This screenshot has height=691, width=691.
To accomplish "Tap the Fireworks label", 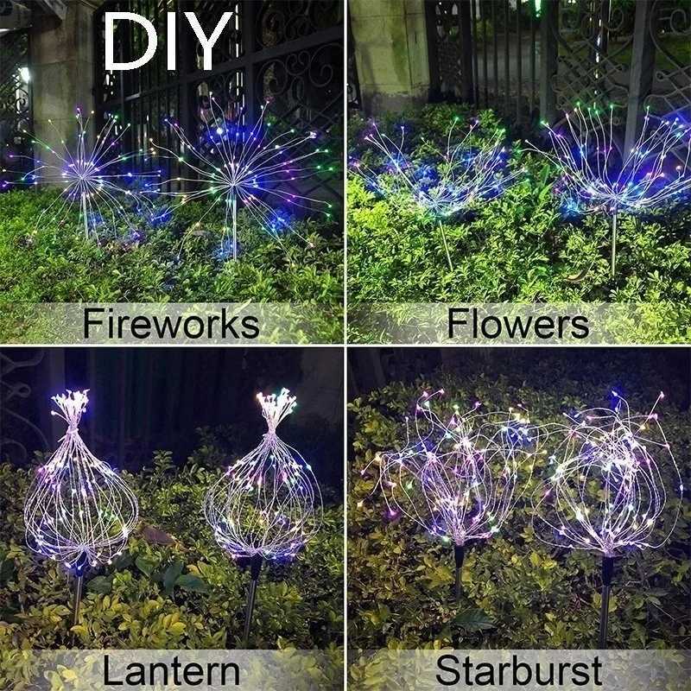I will click(x=171, y=324).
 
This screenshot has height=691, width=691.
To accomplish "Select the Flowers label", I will click(x=518, y=324).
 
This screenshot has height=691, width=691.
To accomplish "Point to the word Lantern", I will click(x=170, y=671).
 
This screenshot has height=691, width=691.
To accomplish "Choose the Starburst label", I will click(x=518, y=671).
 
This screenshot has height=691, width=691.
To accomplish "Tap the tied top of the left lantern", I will click(x=72, y=406).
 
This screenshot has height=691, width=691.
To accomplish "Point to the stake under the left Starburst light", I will click(x=459, y=570).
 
